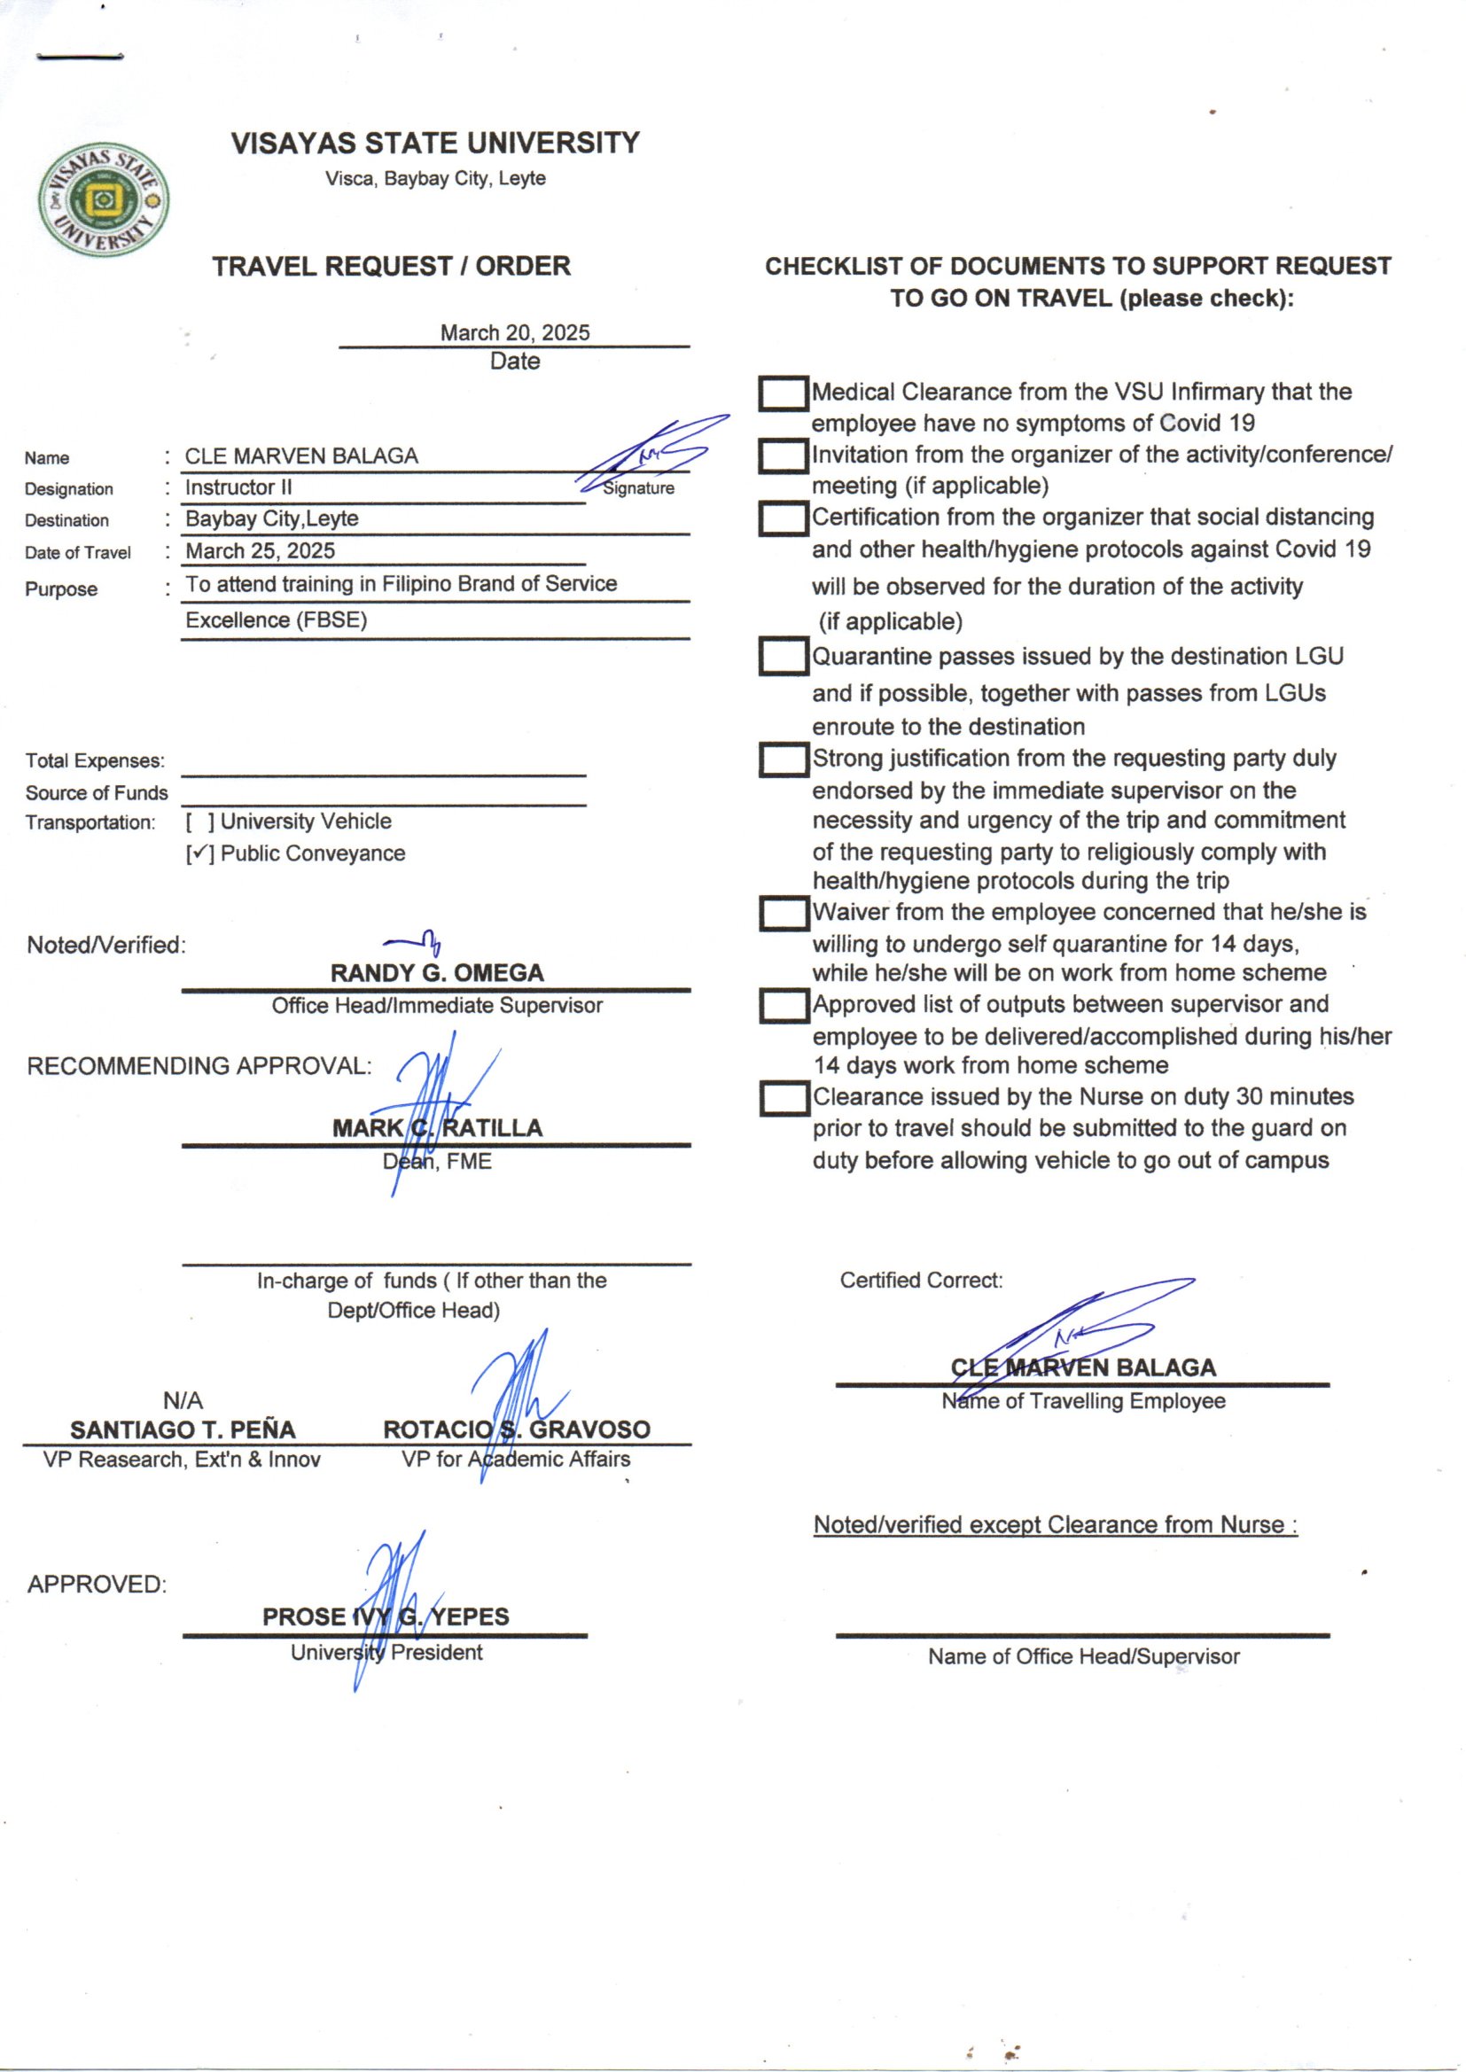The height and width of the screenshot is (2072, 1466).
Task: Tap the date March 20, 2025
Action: pyautogui.click(x=515, y=333)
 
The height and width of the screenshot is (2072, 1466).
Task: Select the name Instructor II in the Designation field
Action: pyautogui.click(x=238, y=488)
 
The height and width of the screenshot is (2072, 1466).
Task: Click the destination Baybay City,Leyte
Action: pyautogui.click(x=272, y=519)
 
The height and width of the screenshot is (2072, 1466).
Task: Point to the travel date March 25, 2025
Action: pyautogui.click(x=260, y=551)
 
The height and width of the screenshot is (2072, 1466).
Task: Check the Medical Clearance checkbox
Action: pyautogui.click(x=782, y=393)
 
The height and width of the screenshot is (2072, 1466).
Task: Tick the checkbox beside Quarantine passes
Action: pyautogui.click(x=782, y=657)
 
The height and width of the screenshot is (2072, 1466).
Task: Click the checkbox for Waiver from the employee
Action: pyautogui.click(x=782, y=914)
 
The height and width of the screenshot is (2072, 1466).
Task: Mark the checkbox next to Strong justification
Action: pyautogui.click(x=782, y=759)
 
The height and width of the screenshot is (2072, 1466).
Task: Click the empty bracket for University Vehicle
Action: pyautogui.click(x=199, y=822)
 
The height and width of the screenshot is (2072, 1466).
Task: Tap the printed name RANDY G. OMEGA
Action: pyautogui.click(x=437, y=974)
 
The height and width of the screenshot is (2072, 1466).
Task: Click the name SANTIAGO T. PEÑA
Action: pyautogui.click(x=183, y=1430)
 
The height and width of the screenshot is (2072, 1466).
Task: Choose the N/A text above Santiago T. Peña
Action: pyautogui.click(x=183, y=1400)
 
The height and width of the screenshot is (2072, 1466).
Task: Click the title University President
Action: pyautogui.click(x=386, y=1652)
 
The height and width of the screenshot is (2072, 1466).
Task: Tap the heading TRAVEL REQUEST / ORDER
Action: pyautogui.click(x=392, y=267)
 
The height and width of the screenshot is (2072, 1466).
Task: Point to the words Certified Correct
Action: pyautogui.click(x=921, y=1281)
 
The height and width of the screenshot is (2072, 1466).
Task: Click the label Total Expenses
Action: pyautogui.click(x=95, y=760)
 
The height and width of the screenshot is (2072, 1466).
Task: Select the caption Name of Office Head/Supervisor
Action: pyautogui.click(x=1083, y=1657)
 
